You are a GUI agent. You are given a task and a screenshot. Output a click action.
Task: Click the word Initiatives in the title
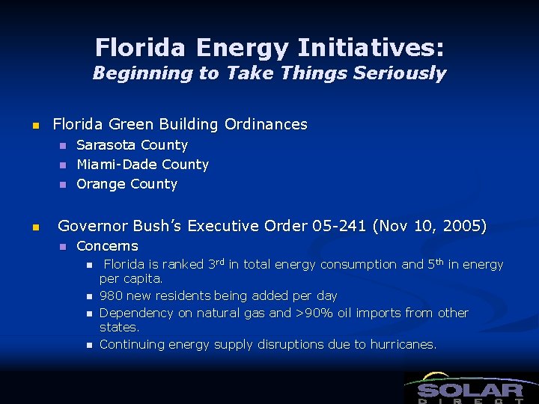coord(371,49)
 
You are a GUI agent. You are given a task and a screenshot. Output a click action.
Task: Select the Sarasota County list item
coord(132,145)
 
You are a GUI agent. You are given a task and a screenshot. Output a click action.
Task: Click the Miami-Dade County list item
coord(142,165)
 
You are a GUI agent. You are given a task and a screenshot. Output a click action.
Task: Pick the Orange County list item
coord(127,184)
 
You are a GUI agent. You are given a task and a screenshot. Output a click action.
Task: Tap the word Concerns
coord(107,246)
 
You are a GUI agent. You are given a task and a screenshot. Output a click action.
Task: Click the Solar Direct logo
coord(470,388)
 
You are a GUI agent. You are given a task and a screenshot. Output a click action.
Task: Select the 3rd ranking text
coord(214,264)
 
